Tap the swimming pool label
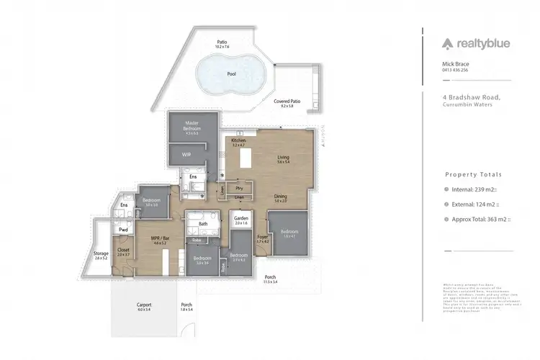(230, 73)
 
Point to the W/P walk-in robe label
(186, 154)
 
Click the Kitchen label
(238, 140)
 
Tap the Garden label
(240, 220)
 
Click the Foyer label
(262, 237)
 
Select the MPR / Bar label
(159, 239)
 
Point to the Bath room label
(203, 224)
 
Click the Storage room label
(100, 253)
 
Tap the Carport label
(143, 304)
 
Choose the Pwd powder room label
(124, 230)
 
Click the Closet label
(122, 250)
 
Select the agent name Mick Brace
(456, 64)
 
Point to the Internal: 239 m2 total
(477, 190)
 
